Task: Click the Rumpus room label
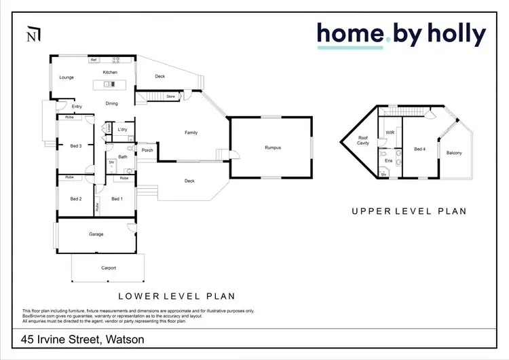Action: coord(273,147)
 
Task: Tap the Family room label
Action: coord(191,132)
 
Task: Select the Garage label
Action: coord(96,234)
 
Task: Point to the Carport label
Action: coord(109,268)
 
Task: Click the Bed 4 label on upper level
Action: coord(419,149)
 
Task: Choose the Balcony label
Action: coord(454,153)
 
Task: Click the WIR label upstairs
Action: coord(390,132)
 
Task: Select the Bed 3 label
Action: coord(76,145)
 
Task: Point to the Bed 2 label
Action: coord(76,198)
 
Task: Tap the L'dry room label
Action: coord(123,129)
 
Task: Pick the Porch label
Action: coord(147,150)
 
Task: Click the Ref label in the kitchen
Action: coord(94,60)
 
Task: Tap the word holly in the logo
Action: coord(451,34)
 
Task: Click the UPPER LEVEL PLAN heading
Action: coord(409,211)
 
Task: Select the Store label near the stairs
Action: coord(170,96)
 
